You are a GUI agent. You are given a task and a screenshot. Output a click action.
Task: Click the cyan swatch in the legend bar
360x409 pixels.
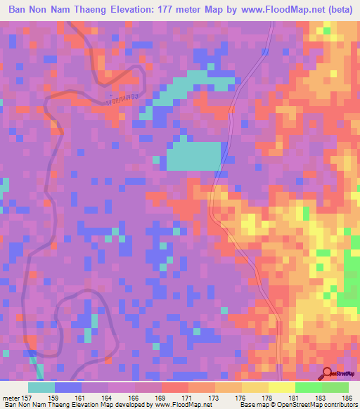(41, 387)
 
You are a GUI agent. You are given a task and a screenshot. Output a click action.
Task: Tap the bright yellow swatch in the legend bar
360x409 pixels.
(281, 387)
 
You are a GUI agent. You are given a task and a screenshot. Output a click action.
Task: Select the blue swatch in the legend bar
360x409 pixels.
(68, 387)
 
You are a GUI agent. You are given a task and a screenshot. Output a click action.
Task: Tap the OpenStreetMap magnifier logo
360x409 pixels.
(326, 374)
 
